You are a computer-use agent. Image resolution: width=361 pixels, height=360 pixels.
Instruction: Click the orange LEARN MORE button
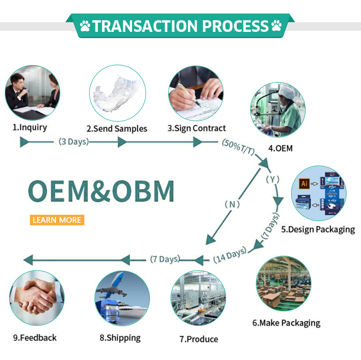[x=57, y=220]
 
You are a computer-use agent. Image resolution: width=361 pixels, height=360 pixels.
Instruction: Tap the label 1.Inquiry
[x=30, y=128]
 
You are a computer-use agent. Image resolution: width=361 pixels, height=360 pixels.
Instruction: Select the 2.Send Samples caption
[x=117, y=129]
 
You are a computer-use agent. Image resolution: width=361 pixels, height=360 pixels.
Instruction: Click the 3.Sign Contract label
[x=197, y=128]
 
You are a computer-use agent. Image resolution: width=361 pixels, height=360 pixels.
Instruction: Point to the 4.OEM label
[x=281, y=148]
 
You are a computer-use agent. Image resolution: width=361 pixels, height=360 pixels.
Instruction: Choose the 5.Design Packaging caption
[x=318, y=229]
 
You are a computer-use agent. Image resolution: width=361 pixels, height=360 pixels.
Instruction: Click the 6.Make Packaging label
[x=286, y=323]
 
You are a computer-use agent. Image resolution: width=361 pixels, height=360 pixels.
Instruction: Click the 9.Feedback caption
[x=35, y=338]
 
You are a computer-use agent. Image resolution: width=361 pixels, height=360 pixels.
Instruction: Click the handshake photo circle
[x=37, y=298]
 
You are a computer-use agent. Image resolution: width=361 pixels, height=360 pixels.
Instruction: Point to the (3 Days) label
[x=74, y=142]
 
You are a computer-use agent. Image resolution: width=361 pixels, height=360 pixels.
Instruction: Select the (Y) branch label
[x=273, y=180]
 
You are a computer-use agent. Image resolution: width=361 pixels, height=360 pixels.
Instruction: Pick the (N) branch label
[x=232, y=204]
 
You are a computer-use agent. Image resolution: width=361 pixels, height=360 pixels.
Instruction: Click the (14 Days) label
[x=229, y=255]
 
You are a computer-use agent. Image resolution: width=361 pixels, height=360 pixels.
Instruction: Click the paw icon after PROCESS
[x=277, y=26]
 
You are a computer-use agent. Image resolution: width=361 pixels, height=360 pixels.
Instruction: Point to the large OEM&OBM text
[x=100, y=192]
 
